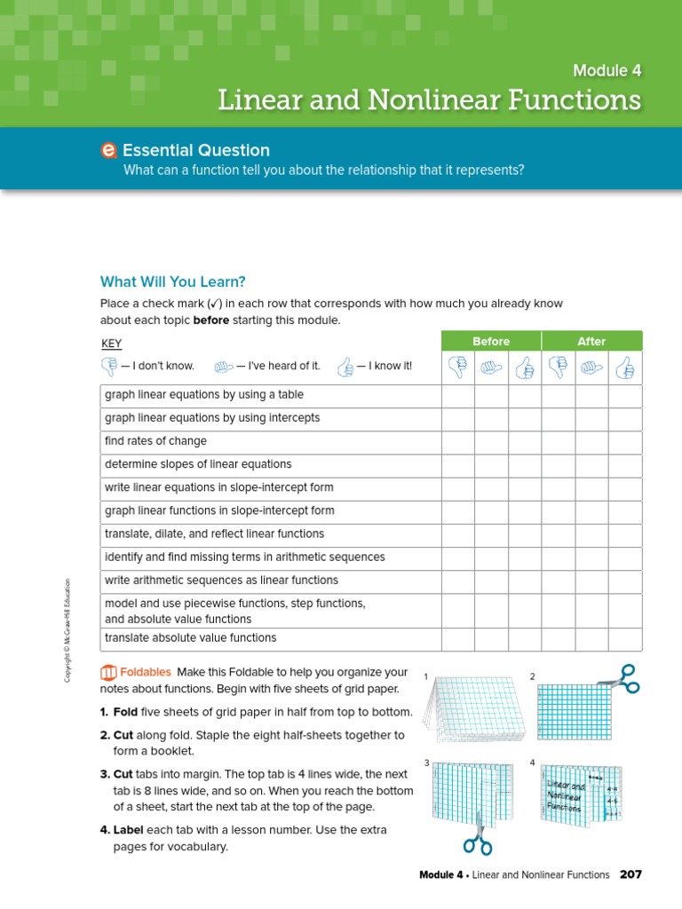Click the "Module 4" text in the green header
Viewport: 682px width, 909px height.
tap(607, 70)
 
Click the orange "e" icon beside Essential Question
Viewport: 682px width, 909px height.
tap(109, 151)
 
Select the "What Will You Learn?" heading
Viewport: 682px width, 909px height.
tap(172, 281)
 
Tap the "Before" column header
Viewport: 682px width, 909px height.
tap(491, 341)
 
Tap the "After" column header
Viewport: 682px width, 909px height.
tap(591, 341)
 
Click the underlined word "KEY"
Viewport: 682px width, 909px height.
tap(112, 344)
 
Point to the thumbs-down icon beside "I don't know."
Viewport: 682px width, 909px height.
tap(109, 366)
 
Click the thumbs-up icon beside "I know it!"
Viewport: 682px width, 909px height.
tap(345, 366)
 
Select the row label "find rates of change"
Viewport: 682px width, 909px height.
tap(155, 441)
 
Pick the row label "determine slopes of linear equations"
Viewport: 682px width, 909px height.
tap(198, 464)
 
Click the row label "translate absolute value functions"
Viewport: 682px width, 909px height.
tap(190, 638)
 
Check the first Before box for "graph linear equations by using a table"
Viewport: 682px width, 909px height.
tap(457, 395)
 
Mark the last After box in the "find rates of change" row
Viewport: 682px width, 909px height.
tap(625, 441)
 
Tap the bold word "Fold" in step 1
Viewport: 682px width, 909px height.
tap(125, 712)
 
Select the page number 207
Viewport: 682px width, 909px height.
tap(630, 874)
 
